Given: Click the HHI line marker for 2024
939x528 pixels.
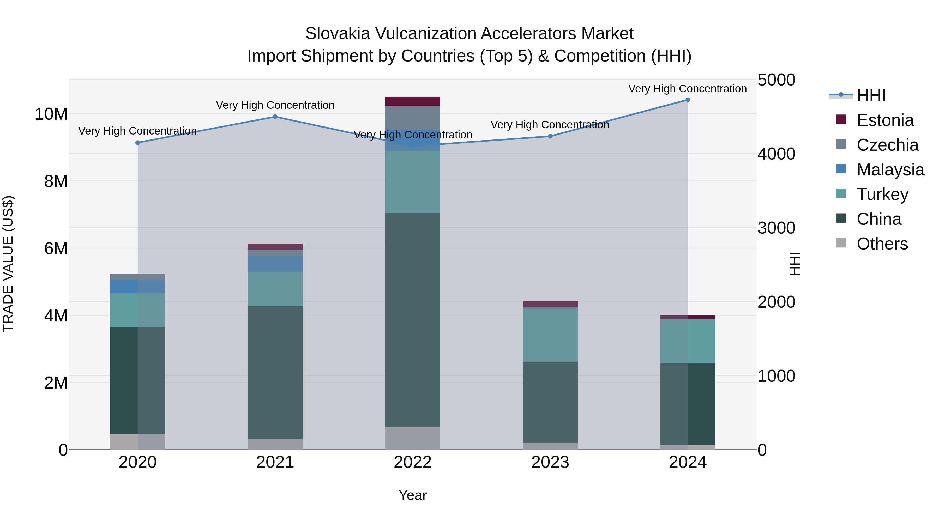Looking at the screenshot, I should (688, 100).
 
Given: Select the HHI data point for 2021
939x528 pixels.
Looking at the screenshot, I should (275, 117).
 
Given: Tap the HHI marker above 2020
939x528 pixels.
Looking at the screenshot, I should (137, 143).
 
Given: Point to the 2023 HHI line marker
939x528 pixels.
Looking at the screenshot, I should (550, 136).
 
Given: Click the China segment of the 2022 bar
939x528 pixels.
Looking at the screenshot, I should (413, 320).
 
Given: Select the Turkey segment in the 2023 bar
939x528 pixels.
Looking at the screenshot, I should (550, 335).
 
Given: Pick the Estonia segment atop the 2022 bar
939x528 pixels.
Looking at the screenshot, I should (413, 101).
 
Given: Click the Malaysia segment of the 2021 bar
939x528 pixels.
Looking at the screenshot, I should (275, 264).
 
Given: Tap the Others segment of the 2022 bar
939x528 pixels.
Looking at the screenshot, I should (413, 438).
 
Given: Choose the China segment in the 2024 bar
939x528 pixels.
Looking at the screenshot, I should (688, 404).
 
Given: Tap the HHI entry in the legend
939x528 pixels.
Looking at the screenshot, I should (871, 95).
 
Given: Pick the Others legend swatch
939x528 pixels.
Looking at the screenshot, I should (841, 243).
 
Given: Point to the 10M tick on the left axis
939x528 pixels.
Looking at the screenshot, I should (51, 114).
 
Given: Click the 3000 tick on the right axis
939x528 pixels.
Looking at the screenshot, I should (776, 228).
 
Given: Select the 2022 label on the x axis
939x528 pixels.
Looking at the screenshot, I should (413, 462).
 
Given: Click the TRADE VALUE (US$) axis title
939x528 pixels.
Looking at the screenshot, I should (8, 264).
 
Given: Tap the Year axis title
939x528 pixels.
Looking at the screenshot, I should (413, 495).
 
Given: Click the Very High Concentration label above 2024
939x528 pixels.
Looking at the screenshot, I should (688, 89).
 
